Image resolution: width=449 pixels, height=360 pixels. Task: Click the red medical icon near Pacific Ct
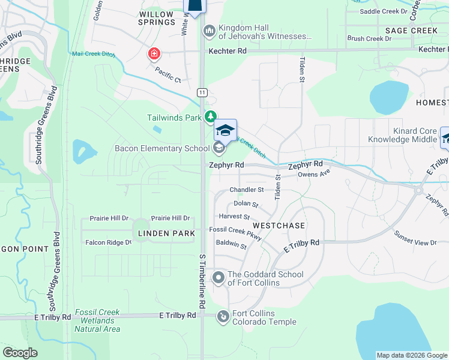(x=154, y=55)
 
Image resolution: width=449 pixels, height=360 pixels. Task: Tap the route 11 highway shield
(x=203, y=92)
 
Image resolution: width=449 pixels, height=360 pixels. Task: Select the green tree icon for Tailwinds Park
(x=210, y=116)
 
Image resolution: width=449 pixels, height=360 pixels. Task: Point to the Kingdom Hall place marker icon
(x=209, y=30)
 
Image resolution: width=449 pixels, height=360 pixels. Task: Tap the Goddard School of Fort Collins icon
(x=218, y=278)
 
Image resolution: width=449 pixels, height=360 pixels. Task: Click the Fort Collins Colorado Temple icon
(x=223, y=315)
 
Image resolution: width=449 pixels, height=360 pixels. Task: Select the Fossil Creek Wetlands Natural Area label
(x=97, y=320)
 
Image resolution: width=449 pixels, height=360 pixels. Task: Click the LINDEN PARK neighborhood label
(x=166, y=233)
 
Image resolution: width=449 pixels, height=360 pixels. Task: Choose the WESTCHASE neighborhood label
(x=279, y=225)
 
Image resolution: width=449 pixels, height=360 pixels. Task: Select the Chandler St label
(x=247, y=190)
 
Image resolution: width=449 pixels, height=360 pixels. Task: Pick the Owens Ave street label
(x=315, y=174)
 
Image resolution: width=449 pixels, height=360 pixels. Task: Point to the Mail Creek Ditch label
(x=94, y=53)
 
